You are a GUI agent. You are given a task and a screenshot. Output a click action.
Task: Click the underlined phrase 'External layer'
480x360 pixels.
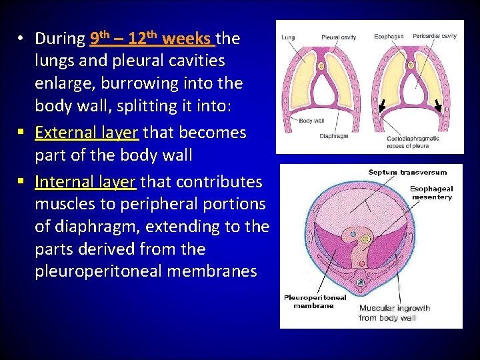[87, 133]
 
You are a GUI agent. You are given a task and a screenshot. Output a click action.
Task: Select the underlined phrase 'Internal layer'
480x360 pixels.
[85, 182]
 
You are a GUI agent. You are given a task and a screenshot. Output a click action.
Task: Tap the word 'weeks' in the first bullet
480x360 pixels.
[187, 39]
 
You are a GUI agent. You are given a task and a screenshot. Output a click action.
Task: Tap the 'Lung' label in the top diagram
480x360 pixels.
[288, 37]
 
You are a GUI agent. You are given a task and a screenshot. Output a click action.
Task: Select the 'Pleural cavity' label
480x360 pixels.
[339, 37]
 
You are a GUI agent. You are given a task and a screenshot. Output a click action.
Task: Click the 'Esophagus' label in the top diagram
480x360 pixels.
[388, 35]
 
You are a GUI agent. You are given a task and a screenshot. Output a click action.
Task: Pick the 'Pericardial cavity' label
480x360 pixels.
[435, 35]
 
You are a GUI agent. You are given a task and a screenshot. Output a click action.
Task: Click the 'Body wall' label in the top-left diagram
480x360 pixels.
[311, 121]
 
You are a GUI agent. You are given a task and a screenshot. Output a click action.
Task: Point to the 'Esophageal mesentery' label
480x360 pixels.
[431, 193]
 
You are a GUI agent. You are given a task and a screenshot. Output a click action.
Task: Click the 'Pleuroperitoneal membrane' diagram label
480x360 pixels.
[315, 301]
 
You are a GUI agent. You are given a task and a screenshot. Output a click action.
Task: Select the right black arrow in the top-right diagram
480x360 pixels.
[439, 106]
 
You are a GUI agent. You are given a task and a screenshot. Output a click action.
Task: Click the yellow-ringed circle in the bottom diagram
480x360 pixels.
[366, 238]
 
